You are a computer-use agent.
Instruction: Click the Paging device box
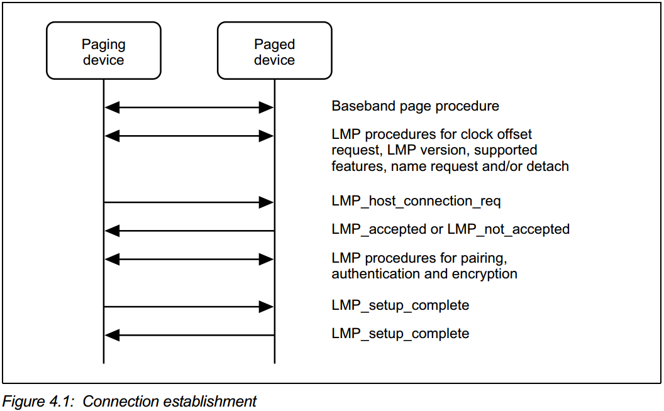104,52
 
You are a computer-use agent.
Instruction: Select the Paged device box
274,52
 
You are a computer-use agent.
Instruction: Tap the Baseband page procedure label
415,106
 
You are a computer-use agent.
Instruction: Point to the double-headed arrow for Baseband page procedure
189,108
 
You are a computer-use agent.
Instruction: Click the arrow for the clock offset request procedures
189,135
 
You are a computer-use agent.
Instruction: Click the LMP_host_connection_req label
416,201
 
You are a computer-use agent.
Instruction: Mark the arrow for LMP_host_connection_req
189,202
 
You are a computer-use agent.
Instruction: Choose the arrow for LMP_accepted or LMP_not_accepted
189,231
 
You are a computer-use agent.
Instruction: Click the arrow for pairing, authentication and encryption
189,258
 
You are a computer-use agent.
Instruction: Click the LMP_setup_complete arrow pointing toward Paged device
189,307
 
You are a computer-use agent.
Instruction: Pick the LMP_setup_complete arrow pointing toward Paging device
189,335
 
